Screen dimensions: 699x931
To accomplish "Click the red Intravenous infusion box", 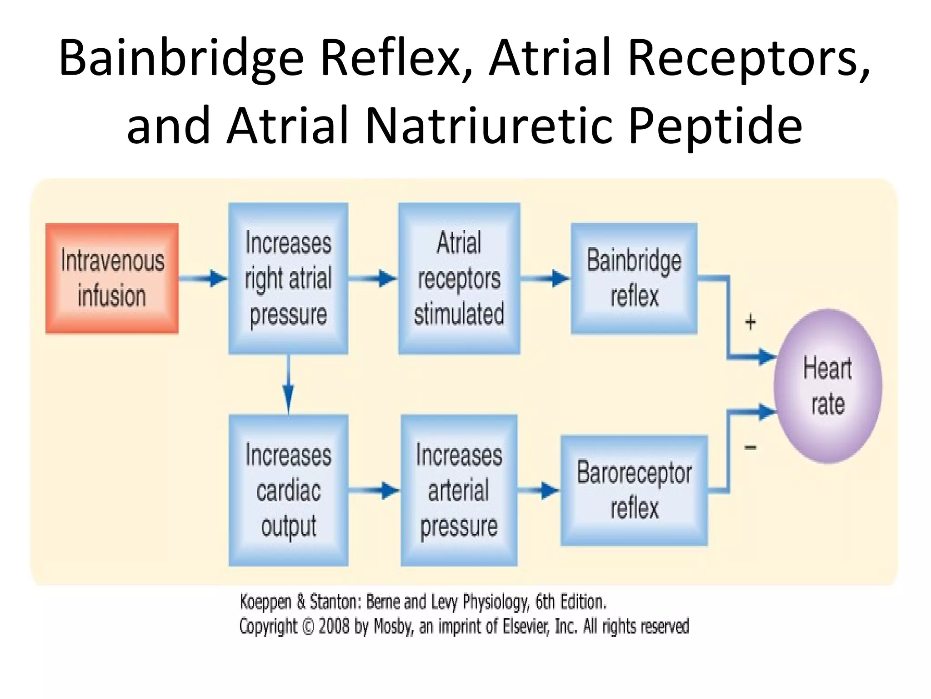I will [112, 279].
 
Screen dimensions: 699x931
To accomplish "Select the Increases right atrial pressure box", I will [288, 279].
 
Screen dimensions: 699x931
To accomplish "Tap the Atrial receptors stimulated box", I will [459, 279].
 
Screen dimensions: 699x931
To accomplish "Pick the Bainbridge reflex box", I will [634, 279].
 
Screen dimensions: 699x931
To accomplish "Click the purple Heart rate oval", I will [828, 386].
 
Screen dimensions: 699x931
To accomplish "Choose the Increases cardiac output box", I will [288, 490].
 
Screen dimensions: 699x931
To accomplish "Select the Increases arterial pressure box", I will [459, 490].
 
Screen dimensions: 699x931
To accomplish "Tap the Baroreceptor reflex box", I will [634, 490].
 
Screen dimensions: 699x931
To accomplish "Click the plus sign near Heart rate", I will [751, 322].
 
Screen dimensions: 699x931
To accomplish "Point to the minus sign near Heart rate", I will [751, 448].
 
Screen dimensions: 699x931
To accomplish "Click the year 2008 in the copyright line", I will [334, 627].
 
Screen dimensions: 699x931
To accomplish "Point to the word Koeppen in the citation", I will [265, 602].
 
